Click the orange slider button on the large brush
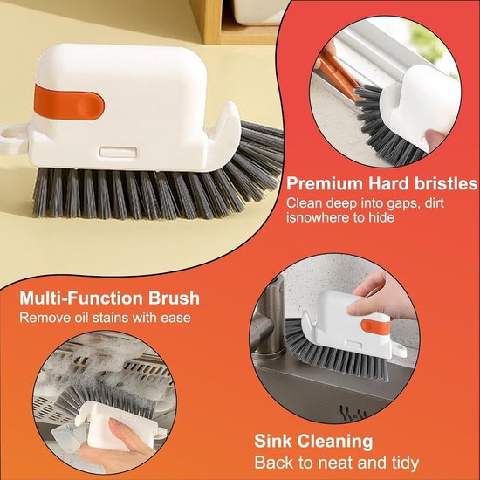69,102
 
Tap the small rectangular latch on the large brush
119,152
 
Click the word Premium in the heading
325,183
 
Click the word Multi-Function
81,298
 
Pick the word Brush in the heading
174,298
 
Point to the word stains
110,318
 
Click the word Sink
273,441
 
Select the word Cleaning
335,442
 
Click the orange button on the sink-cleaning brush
374,327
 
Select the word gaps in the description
399,204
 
